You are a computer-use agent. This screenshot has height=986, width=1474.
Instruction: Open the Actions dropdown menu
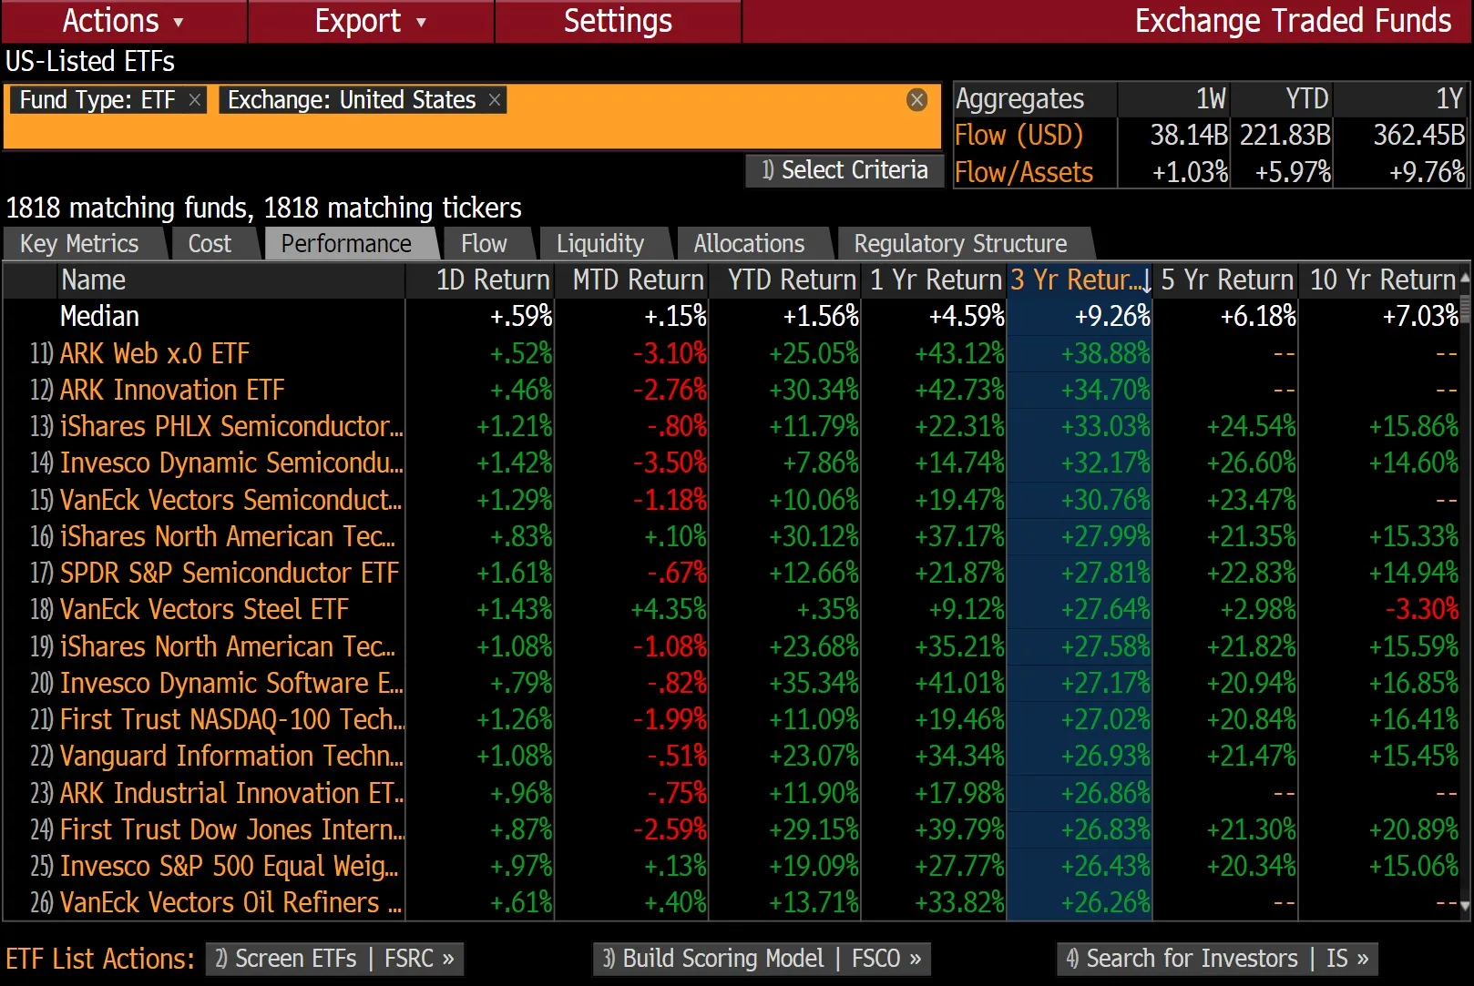[x=123, y=21]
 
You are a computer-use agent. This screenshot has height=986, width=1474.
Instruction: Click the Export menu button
[x=370, y=21]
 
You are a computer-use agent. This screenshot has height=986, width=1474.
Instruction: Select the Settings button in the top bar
[x=618, y=21]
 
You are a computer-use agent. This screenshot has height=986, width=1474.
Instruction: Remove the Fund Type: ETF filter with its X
[x=195, y=100]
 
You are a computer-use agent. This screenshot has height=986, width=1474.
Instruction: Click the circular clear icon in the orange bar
[x=917, y=100]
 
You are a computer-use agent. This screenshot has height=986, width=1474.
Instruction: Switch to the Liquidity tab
[x=599, y=244]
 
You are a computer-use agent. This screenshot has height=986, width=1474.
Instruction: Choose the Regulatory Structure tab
[x=960, y=244]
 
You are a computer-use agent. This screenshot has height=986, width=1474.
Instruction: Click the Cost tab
[x=210, y=244]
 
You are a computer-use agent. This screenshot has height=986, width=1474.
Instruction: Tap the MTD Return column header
[x=638, y=280]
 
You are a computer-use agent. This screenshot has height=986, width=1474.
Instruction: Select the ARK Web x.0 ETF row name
[x=155, y=353]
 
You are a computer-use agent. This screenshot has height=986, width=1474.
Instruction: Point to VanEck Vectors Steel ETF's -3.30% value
[x=1421, y=609]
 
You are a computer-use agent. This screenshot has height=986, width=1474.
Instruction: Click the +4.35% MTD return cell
[x=669, y=609]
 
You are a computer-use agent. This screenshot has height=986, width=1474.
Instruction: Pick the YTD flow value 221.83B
[x=1285, y=136]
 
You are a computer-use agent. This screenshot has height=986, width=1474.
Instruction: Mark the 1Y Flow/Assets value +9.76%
[x=1426, y=172]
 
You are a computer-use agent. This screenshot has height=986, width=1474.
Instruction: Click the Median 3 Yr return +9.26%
[x=1111, y=317]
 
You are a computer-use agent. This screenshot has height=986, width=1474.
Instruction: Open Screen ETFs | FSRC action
[x=334, y=959]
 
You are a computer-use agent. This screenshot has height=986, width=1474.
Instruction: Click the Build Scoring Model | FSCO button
[x=762, y=959]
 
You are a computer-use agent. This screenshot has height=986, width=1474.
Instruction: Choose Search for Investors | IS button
[x=1217, y=959]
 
